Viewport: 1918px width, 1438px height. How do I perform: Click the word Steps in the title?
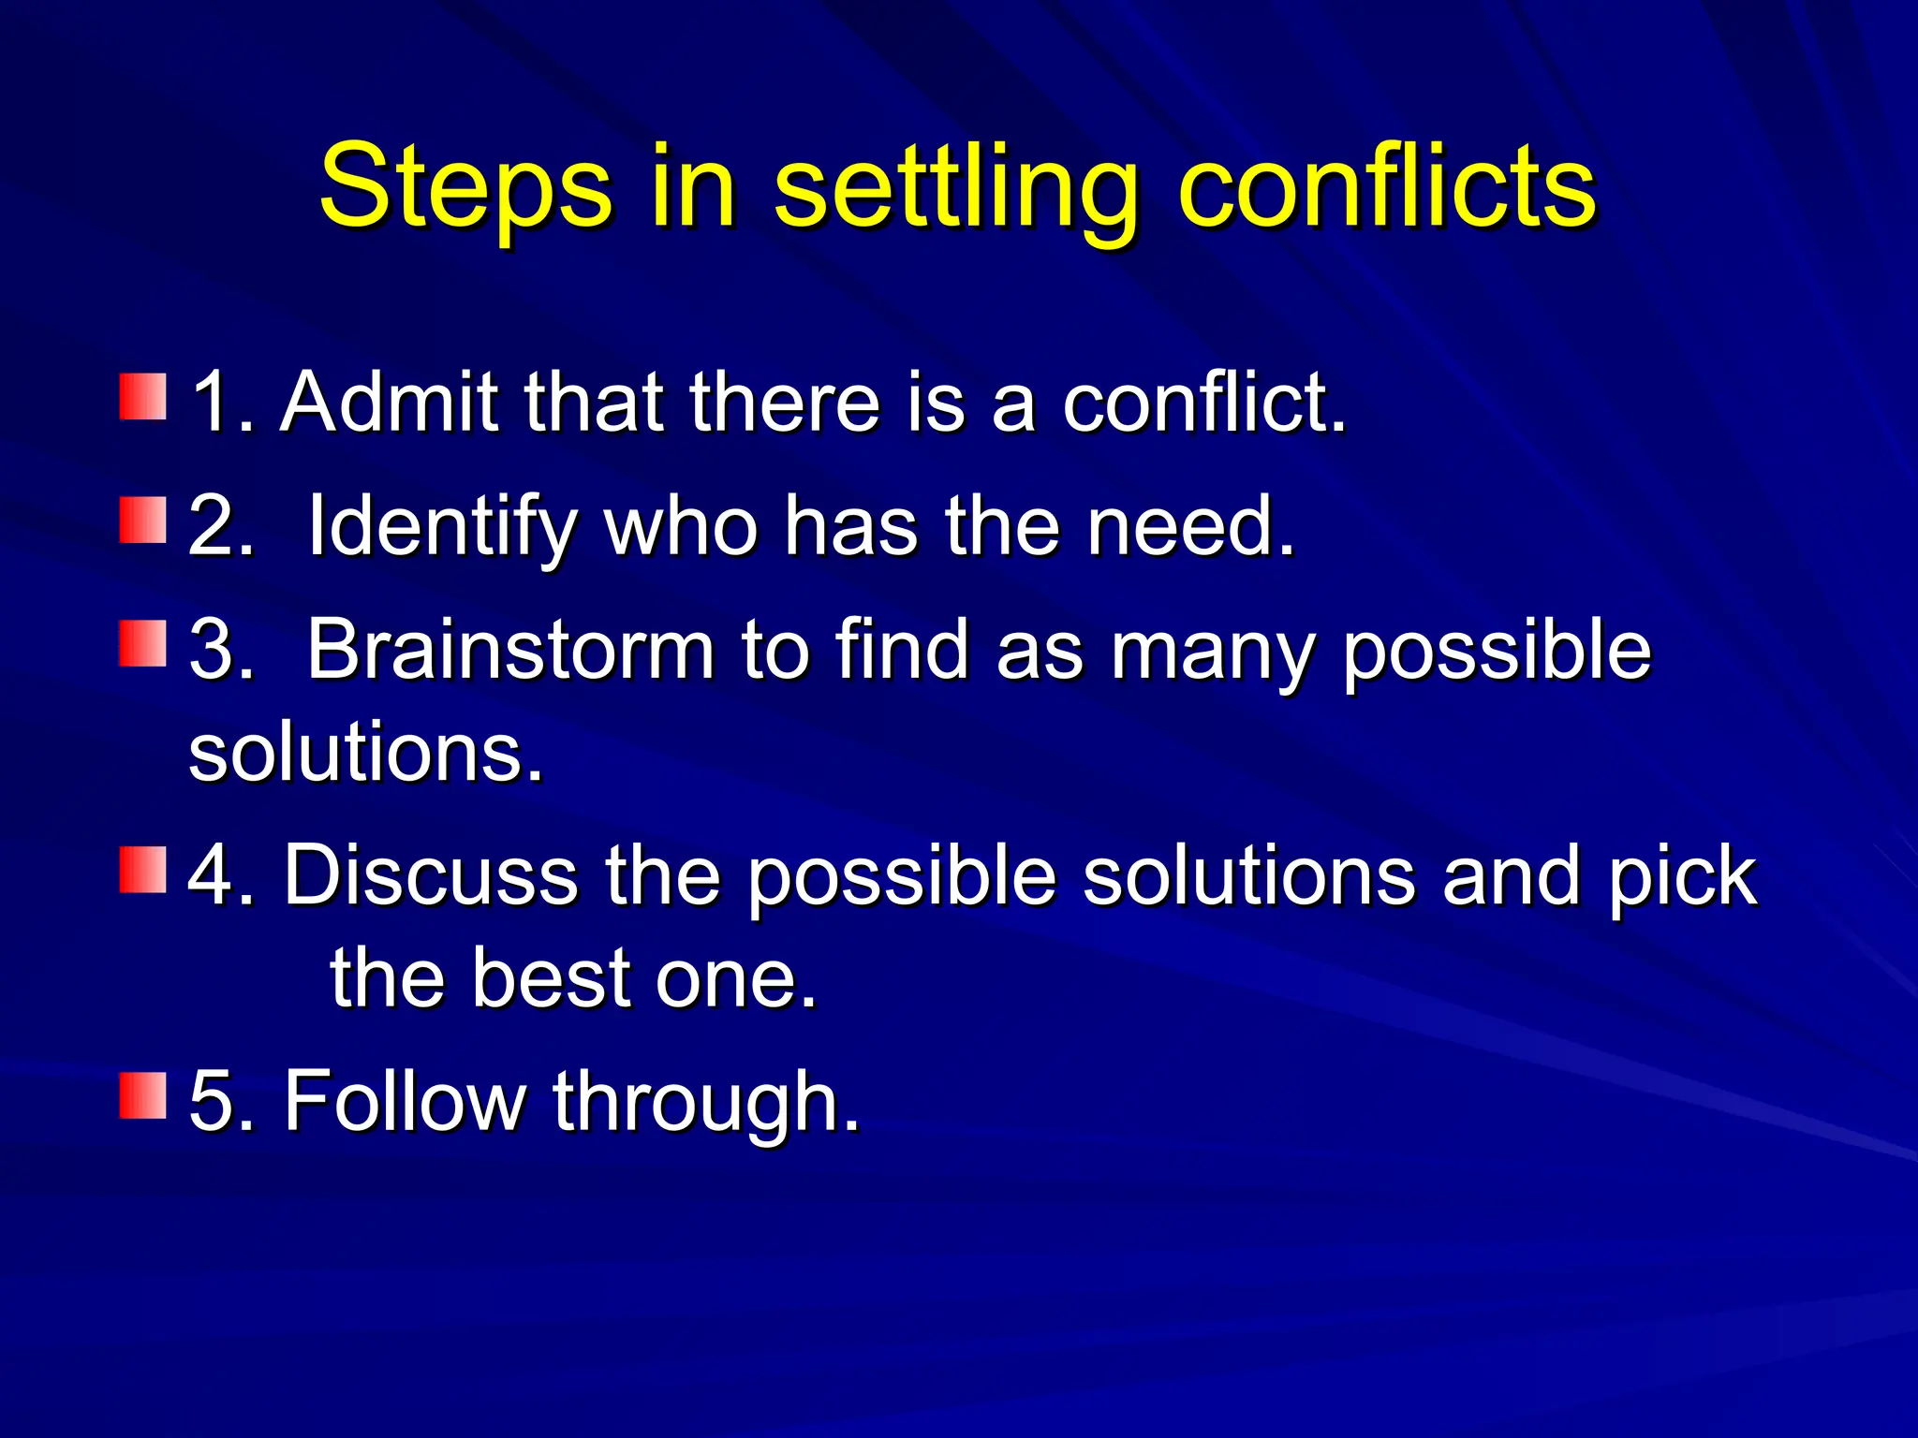pos(465,187)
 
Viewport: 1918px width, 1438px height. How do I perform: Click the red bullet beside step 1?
pos(142,397)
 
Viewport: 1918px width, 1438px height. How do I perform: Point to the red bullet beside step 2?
pos(142,521)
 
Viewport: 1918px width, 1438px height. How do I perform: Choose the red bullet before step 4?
pos(142,870)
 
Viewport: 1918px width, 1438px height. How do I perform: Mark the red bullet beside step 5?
pos(142,1095)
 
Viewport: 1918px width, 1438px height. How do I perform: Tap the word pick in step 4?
pos(1682,878)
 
